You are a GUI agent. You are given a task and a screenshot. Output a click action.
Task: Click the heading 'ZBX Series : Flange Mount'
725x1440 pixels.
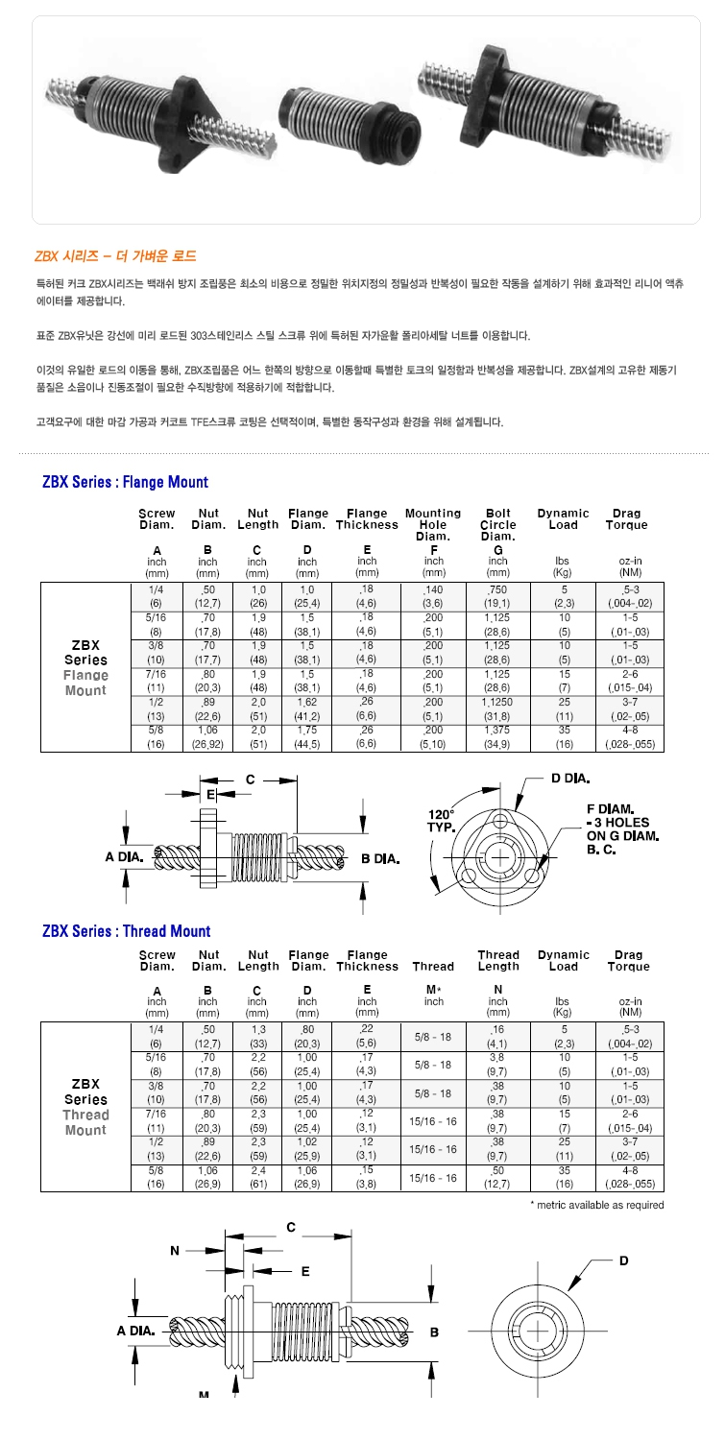click(x=125, y=481)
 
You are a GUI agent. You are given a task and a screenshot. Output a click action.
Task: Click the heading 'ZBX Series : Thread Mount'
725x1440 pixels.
click(x=126, y=930)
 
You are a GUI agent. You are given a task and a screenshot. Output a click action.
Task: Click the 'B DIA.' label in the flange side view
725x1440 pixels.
click(x=380, y=858)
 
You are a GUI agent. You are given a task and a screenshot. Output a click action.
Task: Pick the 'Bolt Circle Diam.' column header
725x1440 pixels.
click(x=497, y=524)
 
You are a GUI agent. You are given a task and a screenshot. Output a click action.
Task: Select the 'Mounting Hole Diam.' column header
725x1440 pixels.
click(x=433, y=524)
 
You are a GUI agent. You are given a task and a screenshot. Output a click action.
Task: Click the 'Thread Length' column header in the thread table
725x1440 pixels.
click(x=497, y=961)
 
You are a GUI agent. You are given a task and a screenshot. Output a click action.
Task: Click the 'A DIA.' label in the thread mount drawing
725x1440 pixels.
click(x=136, y=1331)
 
